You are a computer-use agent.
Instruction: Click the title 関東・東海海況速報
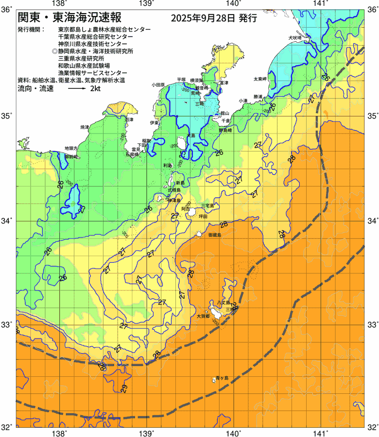pyautogui.click(x=72, y=18)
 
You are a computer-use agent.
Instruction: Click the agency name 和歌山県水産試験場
pyautogui.click(x=84, y=65)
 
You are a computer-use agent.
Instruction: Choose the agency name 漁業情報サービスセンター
pyautogui.click(x=92, y=72)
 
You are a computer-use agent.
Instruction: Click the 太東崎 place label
pyautogui.click(x=260, y=79)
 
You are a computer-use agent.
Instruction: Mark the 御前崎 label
pyautogui.click(x=71, y=157)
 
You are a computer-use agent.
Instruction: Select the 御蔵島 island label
pyautogui.click(x=214, y=235)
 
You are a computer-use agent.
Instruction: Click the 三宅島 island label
pyautogui.click(x=207, y=206)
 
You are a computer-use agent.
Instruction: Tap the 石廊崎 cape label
pyautogui.click(x=133, y=154)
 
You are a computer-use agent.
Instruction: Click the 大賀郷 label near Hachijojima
pyautogui.click(x=203, y=316)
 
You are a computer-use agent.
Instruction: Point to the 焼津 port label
pyautogui.click(x=85, y=127)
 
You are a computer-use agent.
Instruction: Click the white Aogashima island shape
pyautogui.click(x=214, y=379)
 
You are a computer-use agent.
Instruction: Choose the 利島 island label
pyautogui.click(x=168, y=166)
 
